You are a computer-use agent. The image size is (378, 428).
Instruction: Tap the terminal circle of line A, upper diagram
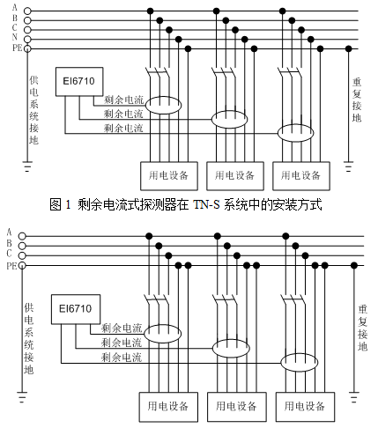pyautogui.click(x=27, y=11)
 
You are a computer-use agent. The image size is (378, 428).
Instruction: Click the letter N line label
pyautogui.click(x=15, y=37)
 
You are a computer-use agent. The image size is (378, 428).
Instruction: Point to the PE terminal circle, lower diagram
pyautogui.click(x=22, y=266)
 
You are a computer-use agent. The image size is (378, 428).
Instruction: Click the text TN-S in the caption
pyautogui.click(x=206, y=204)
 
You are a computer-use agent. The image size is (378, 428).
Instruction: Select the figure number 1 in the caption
pyautogui.click(x=68, y=204)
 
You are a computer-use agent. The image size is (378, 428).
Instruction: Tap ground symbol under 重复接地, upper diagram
pyautogui.click(x=348, y=166)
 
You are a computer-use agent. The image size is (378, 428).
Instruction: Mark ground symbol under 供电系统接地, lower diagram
pyautogui.click(x=22, y=397)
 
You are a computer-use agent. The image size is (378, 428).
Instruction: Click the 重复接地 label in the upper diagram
pyautogui.click(x=357, y=100)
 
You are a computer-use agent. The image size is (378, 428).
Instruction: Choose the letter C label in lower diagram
pyautogui.click(x=10, y=254)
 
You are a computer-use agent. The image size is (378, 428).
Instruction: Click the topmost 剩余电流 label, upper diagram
pyautogui.click(x=123, y=100)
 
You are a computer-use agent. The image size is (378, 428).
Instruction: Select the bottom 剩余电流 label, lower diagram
pyautogui.click(x=122, y=357)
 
